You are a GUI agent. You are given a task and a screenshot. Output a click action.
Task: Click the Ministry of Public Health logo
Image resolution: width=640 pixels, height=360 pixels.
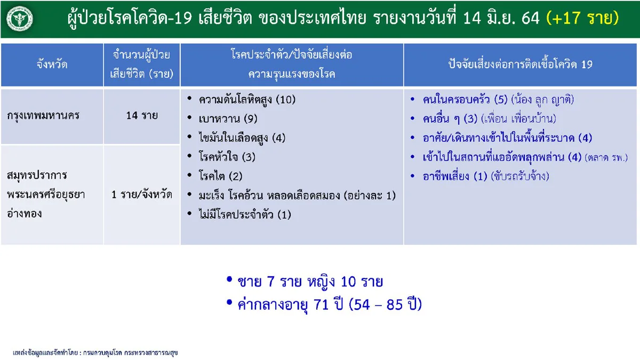(19, 19)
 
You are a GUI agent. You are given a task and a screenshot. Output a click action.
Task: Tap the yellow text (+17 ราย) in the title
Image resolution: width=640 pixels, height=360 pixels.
(582, 19)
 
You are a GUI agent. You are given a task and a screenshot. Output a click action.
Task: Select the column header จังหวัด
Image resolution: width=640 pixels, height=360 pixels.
(52, 65)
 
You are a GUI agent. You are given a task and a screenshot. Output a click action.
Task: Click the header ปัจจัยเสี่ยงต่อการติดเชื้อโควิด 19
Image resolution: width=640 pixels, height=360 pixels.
(520, 65)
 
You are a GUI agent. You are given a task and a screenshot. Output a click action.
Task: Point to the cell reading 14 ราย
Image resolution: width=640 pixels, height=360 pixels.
(142, 115)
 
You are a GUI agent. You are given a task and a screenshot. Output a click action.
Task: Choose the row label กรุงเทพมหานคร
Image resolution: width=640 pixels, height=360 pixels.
(44, 115)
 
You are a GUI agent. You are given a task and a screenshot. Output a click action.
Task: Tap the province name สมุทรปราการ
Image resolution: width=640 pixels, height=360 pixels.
(37, 175)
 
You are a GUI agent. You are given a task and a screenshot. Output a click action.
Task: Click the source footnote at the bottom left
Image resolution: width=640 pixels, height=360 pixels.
(95, 353)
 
